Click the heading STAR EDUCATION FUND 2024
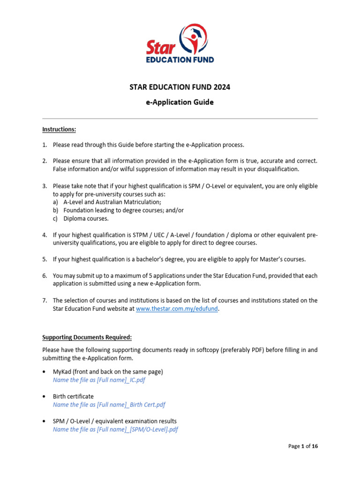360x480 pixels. (x=180, y=87)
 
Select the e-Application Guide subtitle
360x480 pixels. (x=180, y=102)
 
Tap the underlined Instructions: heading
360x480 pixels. (x=59, y=129)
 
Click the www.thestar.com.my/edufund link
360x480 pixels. (x=177, y=309)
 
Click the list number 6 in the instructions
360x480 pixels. (x=45, y=275)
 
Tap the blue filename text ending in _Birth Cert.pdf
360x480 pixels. (x=109, y=405)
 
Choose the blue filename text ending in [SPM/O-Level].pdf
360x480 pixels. (x=115, y=429)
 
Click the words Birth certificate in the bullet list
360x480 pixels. (x=73, y=396)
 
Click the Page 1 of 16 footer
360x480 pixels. (x=302, y=446)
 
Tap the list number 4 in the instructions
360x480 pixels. (x=45, y=235)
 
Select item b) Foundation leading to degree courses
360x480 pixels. (x=123, y=210)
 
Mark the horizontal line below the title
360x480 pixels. (x=180, y=119)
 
